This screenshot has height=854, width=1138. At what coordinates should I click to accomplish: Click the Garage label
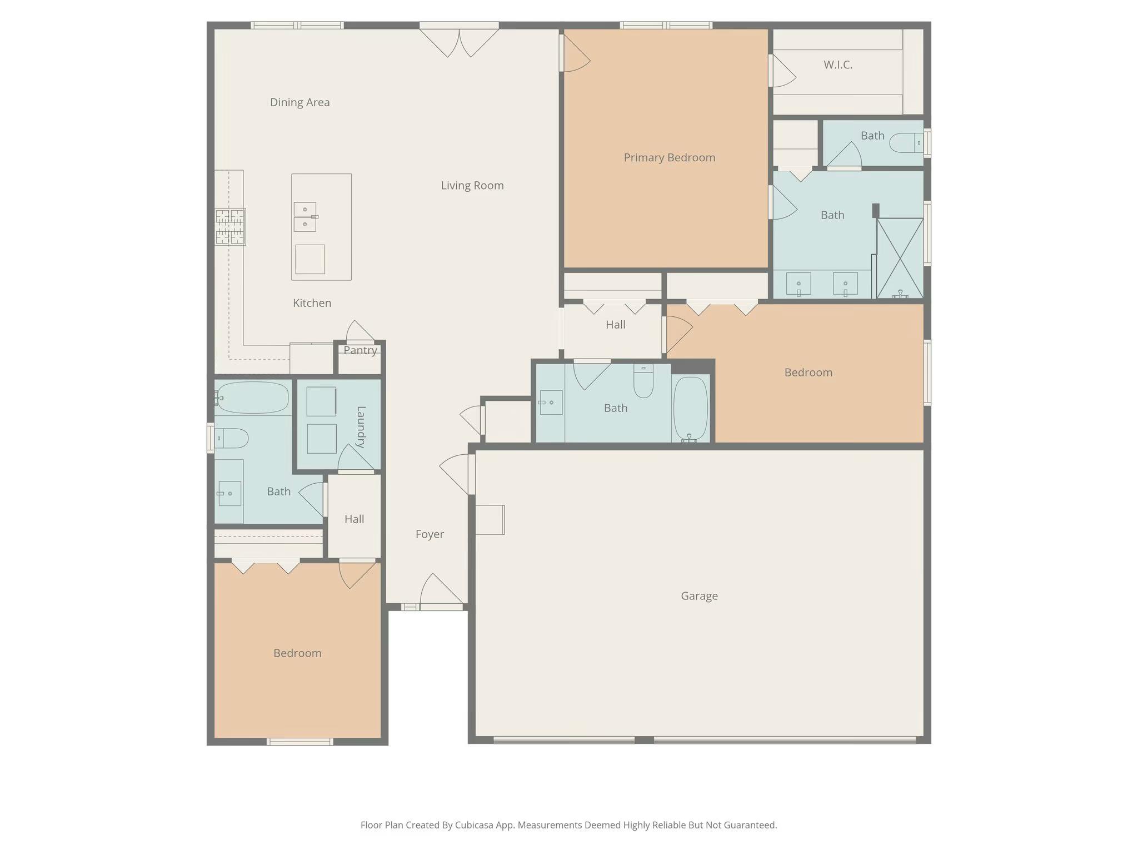point(699,596)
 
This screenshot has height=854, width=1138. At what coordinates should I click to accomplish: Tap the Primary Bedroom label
point(669,158)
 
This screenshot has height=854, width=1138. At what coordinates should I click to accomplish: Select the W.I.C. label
point(838,65)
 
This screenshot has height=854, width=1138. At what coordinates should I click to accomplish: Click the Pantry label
point(360,350)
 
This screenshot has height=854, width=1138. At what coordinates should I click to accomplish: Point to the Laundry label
point(361,427)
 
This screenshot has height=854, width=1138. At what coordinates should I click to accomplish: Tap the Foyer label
point(430,534)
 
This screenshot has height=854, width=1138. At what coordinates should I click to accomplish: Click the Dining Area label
point(300,102)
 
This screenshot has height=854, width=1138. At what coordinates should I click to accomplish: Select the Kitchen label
point(312,303)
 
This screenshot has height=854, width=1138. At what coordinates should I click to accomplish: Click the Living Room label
point(472,186)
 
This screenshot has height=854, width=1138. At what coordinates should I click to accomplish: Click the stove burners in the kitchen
point(230,226)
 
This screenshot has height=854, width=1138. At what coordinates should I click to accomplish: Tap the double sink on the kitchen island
point(305,217)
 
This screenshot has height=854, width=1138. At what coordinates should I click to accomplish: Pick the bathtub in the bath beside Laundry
point(252,398)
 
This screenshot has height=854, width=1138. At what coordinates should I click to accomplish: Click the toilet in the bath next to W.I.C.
point(906,143)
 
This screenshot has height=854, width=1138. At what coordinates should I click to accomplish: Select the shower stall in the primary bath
point(900,258)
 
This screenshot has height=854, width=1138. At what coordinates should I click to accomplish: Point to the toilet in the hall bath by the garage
point(643,381)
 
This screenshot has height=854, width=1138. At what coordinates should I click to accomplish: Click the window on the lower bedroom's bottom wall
point(300,742)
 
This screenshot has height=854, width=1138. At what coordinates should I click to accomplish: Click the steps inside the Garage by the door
point(490,520)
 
